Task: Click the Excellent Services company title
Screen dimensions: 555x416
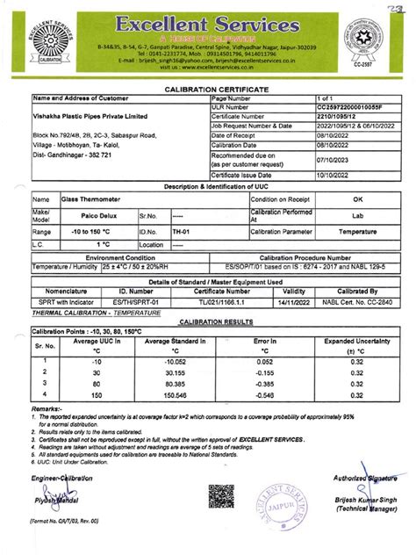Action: click(x=207, y=22)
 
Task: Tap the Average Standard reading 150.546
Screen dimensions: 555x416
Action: click(x=163, y=395)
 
